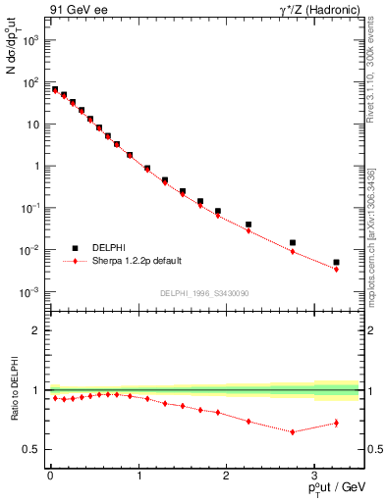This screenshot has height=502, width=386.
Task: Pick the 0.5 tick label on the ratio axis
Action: pyautogui.click(x=32, y=449)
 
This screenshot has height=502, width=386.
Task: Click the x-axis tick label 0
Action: pyautogui.click(x=49, y=476)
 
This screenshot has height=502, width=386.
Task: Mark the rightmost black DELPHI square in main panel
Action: pyautogui.click(x=336, y=262)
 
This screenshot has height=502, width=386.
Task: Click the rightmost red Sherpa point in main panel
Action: pyautogui.click(x=336, y=269)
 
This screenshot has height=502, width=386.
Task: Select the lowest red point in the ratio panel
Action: pyautogui.click(x=292, y=431)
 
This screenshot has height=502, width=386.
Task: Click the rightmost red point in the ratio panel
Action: pyautogui.click(x=336, y=423)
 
